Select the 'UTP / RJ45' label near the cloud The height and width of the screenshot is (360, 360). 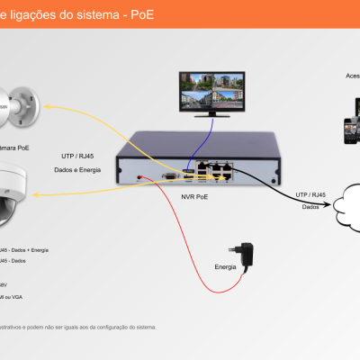pyautogui.click(x=311, y=193)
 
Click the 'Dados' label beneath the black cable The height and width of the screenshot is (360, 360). pyautogui.click(x=310, y=206)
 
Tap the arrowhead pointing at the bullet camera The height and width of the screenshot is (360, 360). pyautogui.click(x=49, y=108)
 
